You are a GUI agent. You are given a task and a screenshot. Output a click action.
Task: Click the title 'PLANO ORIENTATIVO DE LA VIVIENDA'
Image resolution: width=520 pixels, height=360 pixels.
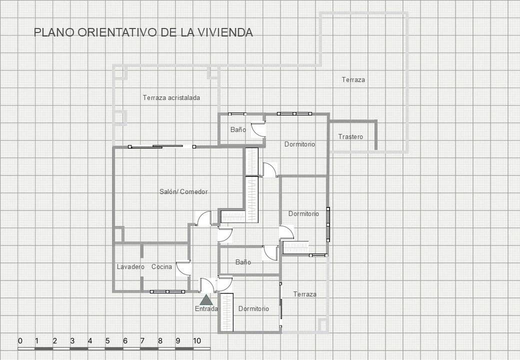tap(143, 32)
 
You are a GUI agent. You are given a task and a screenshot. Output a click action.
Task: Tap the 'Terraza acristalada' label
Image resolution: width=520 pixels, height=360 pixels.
tap(171, 97)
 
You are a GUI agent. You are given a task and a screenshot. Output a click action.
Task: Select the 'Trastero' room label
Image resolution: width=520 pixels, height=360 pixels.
tap(350, 136)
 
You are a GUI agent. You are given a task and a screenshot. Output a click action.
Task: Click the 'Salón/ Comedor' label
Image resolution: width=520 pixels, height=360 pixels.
tap(183, 191)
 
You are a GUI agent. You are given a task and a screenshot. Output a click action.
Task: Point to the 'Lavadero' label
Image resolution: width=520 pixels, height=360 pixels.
tap(130, 266)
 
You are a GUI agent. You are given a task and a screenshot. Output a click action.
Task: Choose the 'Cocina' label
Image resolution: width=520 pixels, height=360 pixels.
tap(161, 266)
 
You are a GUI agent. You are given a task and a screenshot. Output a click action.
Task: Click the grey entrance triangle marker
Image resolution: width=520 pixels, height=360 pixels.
tap(205, 299)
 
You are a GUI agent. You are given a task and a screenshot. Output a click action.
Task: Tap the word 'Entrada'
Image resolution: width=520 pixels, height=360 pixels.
tap(206, 309)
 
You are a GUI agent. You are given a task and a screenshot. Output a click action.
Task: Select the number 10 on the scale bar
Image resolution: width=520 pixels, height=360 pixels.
tap(197, 341)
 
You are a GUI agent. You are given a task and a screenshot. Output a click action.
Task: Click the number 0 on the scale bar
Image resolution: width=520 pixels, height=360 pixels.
tap(20, 341)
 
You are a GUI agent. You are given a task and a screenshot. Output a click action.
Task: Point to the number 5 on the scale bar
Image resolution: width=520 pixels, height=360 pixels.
tap(107, 341)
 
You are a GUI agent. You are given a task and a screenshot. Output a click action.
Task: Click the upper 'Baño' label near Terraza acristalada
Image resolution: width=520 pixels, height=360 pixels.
tap(238, 129)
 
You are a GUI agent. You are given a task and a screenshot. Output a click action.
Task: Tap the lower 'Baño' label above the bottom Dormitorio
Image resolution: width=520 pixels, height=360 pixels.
tap(243, 262)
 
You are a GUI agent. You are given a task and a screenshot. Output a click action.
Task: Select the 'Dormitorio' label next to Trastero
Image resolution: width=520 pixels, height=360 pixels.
tap(299, 144)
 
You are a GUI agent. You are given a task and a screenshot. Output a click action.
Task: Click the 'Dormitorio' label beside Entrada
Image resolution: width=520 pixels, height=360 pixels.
tap(253, 308)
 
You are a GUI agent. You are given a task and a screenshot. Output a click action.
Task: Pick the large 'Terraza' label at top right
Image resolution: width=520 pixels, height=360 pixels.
tap(353, 79)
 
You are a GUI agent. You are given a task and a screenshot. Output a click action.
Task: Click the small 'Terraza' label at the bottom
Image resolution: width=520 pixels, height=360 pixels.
tap(304, 294)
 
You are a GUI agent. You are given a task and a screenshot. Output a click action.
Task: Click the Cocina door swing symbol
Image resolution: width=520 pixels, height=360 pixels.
tap(183, 268)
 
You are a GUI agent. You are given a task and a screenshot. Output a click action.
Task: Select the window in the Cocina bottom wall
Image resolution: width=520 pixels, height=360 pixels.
tap(167, 291)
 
